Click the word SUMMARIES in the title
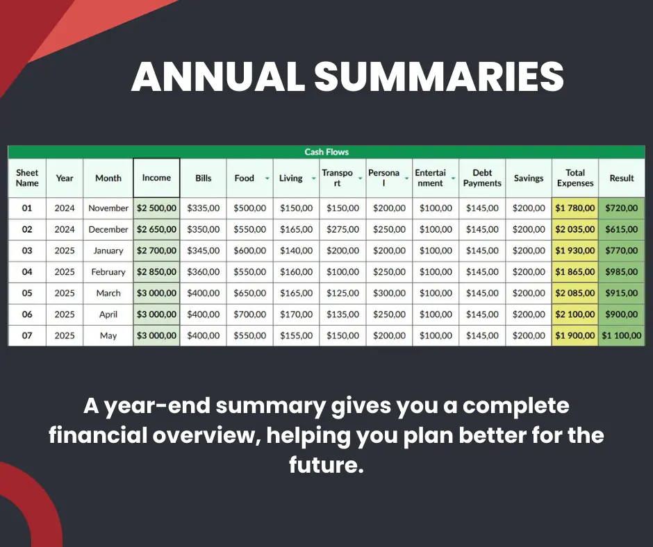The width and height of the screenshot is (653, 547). point(439,76)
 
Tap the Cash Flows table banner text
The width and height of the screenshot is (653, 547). point(326,152)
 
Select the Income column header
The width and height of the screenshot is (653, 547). point(156,178)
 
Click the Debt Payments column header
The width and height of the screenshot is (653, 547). point(482,178)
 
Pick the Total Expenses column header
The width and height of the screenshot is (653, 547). point(575,178)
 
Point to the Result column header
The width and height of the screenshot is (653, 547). point(621,178)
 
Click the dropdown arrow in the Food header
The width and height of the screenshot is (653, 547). point(267,178)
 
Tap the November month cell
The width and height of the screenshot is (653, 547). point(108,208)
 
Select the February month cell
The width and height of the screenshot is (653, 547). point(108,272)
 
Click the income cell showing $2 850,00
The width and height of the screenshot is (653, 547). point(156,272)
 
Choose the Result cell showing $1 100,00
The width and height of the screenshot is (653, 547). point(621,335)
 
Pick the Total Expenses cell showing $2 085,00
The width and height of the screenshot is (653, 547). point(575,293)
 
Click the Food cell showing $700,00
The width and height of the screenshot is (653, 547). point(250,314)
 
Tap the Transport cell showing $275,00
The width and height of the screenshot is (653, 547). point(342,229)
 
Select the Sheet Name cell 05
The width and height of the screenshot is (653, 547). point(27,293)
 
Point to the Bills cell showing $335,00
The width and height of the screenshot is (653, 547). point(204,208)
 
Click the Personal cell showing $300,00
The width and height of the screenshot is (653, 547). point(390,293)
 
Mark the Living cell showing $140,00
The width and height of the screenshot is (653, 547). point(296,251)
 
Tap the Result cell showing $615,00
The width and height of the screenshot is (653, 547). point(621,229)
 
